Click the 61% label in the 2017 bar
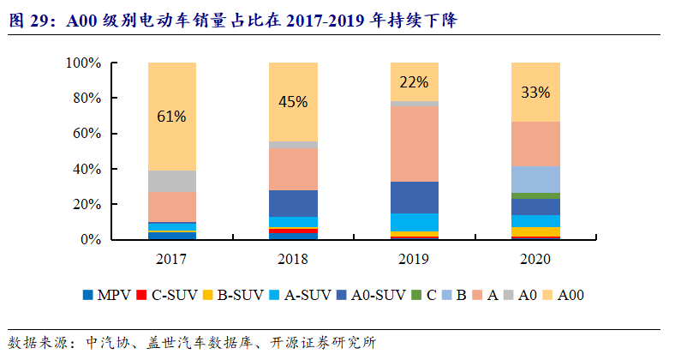171,117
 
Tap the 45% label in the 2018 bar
293,102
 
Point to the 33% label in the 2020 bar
535,92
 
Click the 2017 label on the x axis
171,258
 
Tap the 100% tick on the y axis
84,63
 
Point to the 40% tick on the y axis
87,170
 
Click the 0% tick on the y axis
91,240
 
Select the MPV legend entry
107,295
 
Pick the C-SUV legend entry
171,295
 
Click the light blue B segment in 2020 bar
535,179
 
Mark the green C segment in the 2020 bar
535,196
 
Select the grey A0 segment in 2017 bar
171,181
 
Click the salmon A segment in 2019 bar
414,144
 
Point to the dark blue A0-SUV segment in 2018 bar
293,203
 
